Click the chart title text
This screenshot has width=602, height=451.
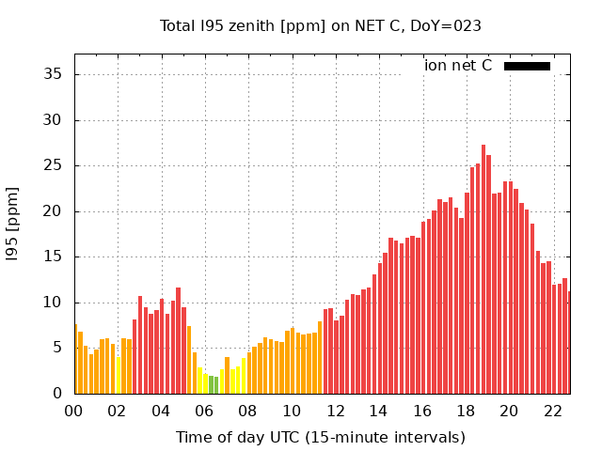click(321, 25)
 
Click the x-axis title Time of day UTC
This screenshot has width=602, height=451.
click(321, 437)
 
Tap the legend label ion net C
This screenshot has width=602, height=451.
click(458, 66)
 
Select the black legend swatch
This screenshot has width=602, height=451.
click(527, 66)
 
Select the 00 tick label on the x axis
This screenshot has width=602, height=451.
click(73, 411)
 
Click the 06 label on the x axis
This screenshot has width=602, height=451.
click(204, 411)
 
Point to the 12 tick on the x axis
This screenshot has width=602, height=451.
click(335, 411)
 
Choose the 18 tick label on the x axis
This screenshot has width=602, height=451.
click(466, 411)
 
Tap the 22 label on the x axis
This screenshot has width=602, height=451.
click(553, 411)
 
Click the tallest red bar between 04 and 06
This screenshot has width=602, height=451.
click(178, 341)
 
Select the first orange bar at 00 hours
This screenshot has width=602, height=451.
click(75, 360)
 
